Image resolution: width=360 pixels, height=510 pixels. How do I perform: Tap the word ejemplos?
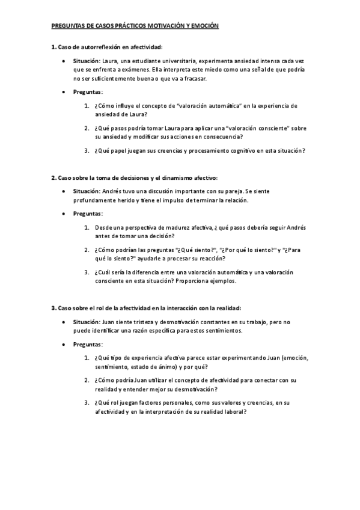point(222,281)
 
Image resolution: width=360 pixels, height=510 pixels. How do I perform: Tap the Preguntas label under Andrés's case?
point(88,214)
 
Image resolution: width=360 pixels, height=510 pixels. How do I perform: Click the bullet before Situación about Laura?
point(64,61)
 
